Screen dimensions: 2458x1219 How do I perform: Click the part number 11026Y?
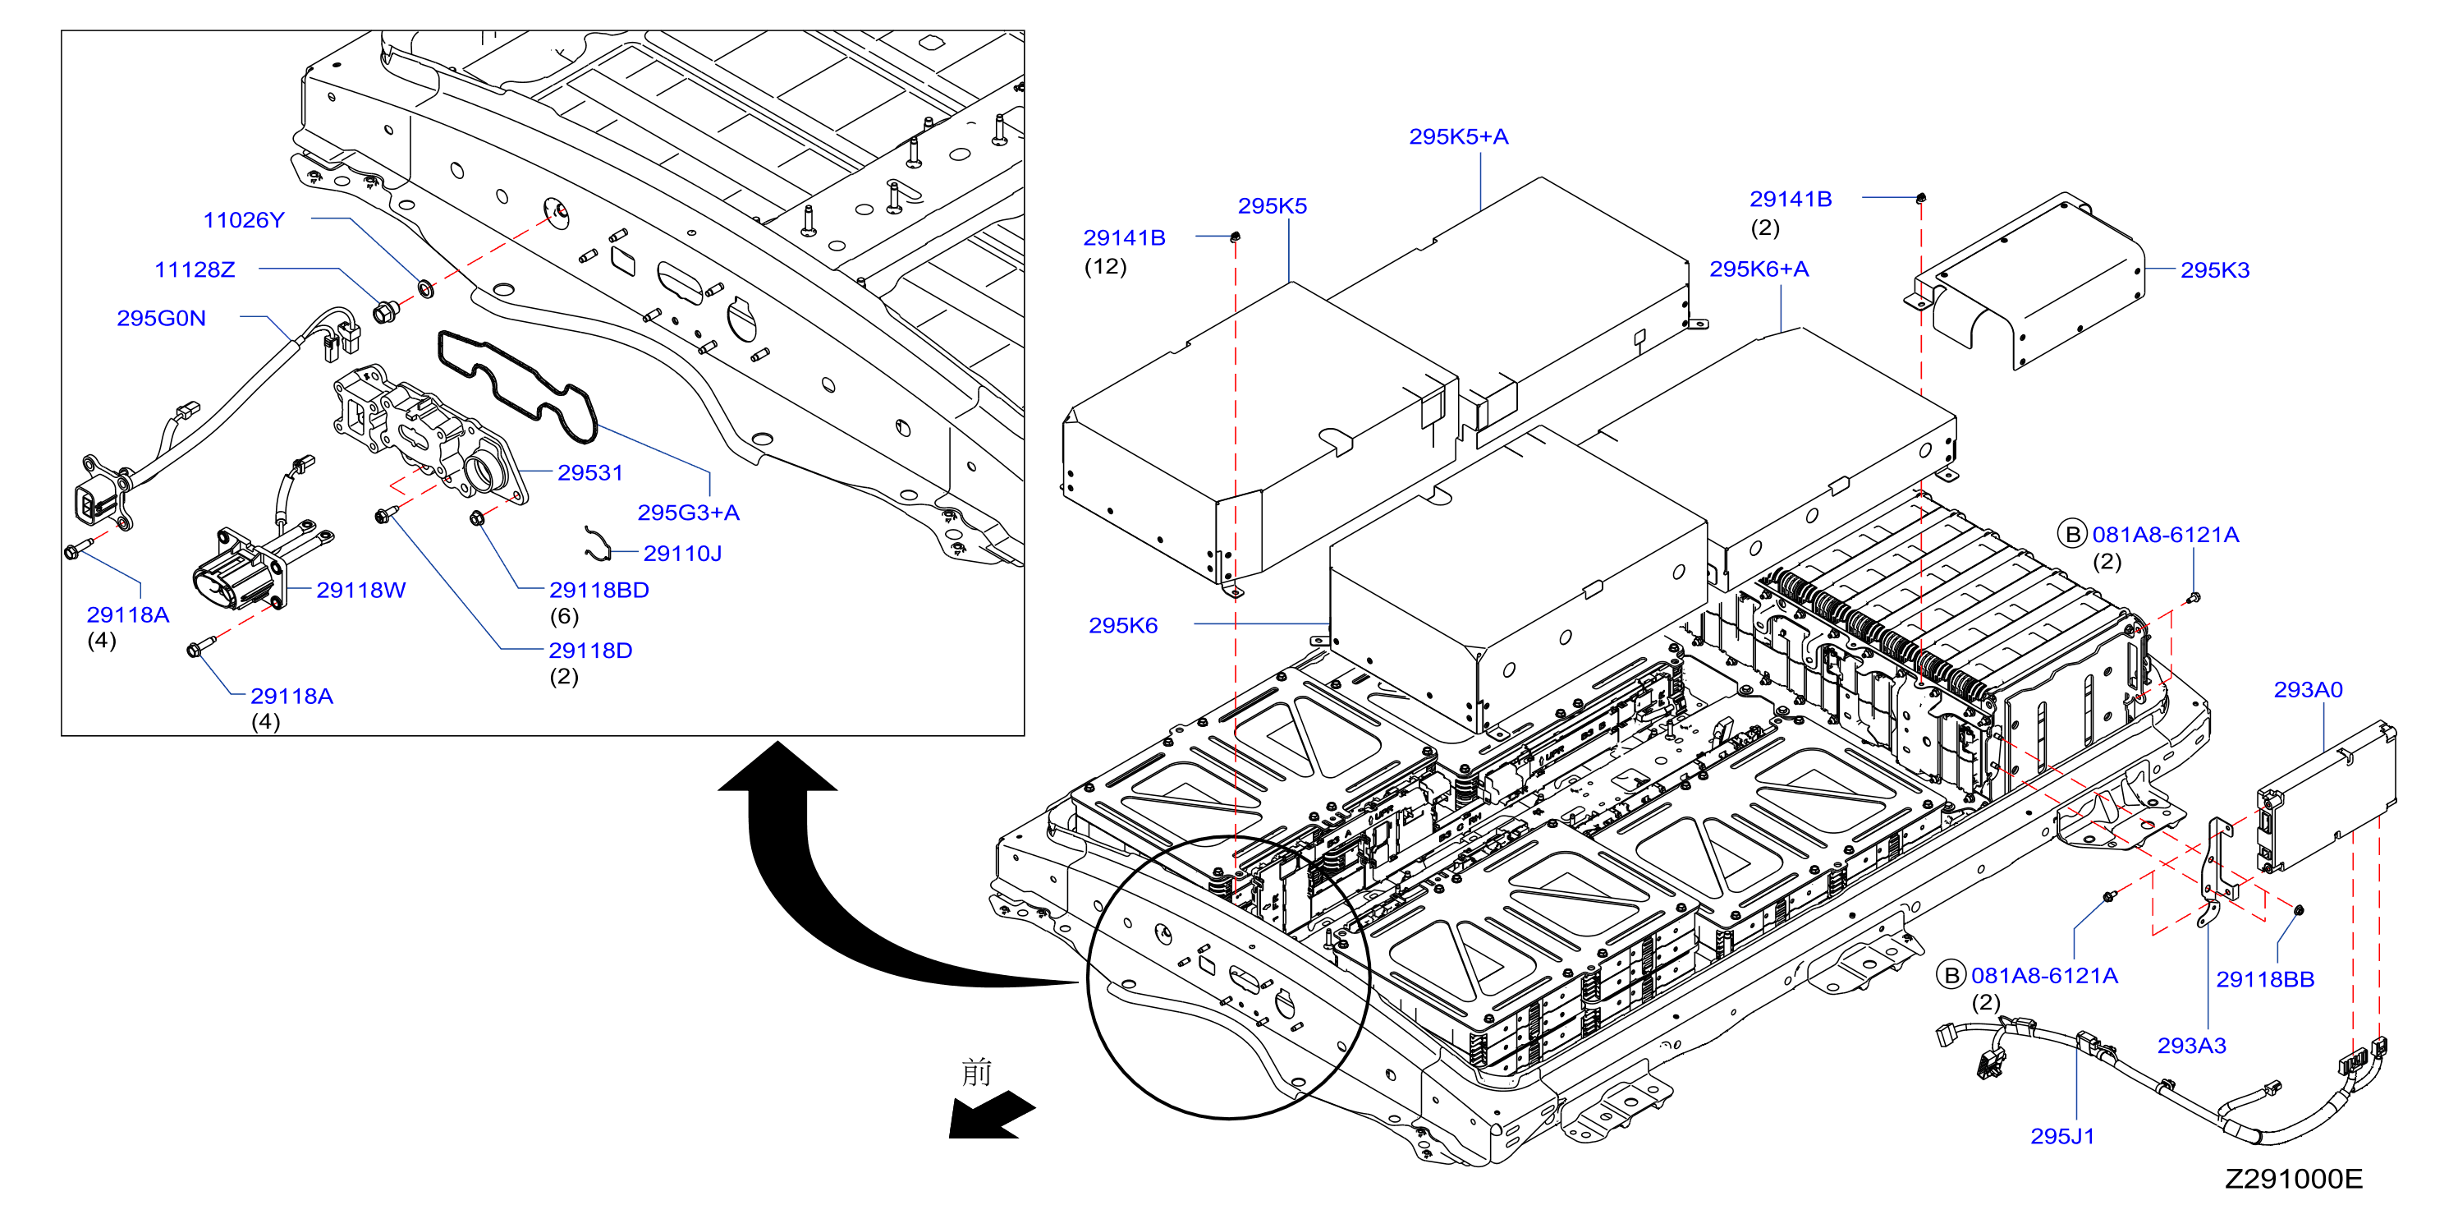click(243, 219)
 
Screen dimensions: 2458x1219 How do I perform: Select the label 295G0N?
click(161, 318)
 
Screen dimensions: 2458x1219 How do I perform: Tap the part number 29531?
click(589, 472)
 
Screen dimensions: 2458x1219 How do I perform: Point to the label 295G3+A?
click(688, 513)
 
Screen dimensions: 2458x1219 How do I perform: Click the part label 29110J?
click(682, 554)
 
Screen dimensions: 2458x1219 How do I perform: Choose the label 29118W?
click(360, 590)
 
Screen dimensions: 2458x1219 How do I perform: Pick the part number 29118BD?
click(599, 590)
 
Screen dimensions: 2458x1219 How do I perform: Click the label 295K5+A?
click(1459, 136)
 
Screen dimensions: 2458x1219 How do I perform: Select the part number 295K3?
click(2215, 270)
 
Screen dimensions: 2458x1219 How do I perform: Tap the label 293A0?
click(2309, 689)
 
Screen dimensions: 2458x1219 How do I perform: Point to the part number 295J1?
click(2062, 1136)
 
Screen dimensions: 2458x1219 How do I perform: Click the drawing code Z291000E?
click(2294, 1179)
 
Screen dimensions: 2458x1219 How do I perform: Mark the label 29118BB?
click(2265, 979)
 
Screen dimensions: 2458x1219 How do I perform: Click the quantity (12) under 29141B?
click(1105, 266)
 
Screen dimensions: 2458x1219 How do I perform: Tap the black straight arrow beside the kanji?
click(992, 1115)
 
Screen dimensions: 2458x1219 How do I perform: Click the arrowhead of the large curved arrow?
click(777, 766)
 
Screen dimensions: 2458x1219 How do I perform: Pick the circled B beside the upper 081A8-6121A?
click(2071, 535)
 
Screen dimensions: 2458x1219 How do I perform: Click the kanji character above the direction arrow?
click(976, 1071)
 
